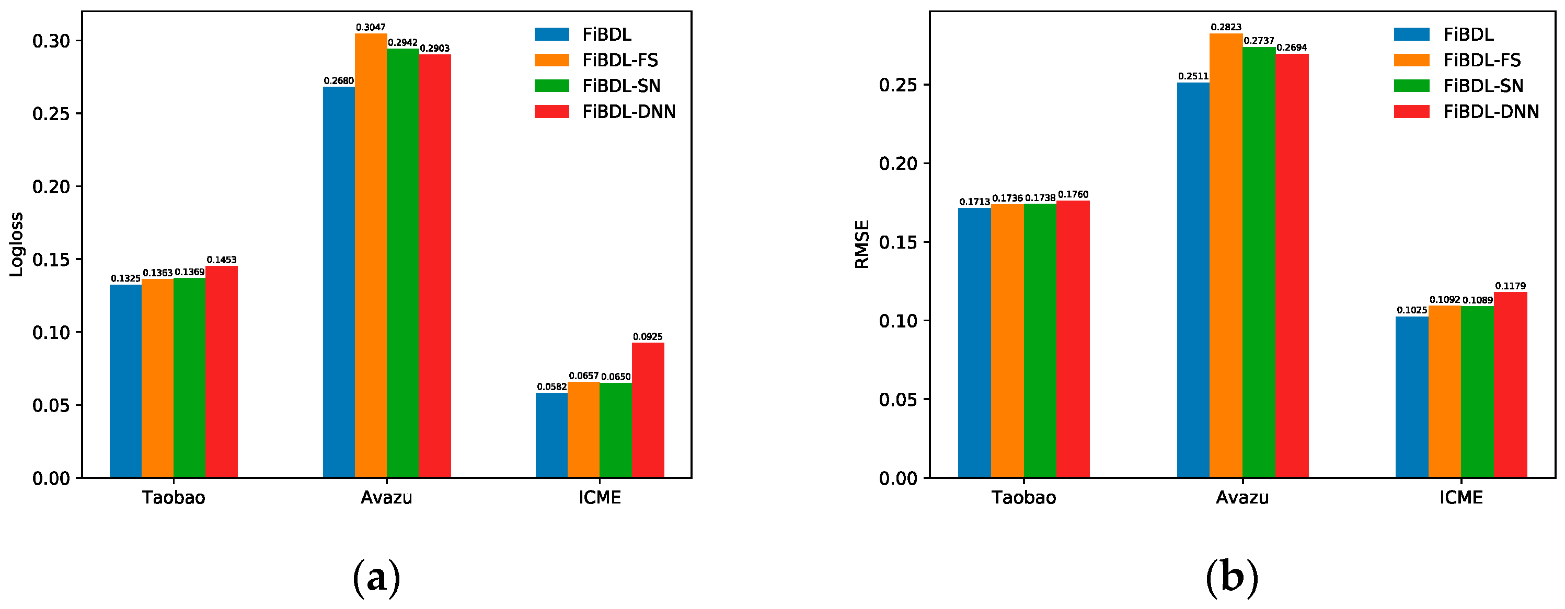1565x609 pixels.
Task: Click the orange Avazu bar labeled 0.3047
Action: [371, 255]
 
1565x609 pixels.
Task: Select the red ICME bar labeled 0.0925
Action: [648, 411]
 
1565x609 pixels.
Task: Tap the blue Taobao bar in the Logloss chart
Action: [126, 381]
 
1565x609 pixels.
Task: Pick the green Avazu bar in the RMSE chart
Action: [1259, 262]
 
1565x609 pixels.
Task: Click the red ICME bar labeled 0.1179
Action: [1510, 385]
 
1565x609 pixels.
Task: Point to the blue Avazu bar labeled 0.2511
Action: [1193, 280]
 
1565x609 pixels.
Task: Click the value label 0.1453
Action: [222, 260]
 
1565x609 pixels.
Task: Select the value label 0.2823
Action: [1226, 27]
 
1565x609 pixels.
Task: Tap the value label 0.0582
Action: [551, 387]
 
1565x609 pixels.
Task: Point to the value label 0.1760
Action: [1073, 195]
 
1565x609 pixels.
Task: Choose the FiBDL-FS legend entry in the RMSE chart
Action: [1457, 60]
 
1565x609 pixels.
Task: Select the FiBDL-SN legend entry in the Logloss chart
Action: [598, 86]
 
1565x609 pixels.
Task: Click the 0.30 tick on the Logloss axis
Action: [52, 41]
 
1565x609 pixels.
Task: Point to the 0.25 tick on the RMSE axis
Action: [898, 85]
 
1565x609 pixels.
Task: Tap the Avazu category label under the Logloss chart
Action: [386, 498]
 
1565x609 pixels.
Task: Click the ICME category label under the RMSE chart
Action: [1461, 498]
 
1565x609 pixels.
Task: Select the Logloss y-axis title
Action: [16, 244]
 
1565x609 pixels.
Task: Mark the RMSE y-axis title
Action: [862, 244]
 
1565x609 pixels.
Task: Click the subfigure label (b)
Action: [1232, 576]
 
